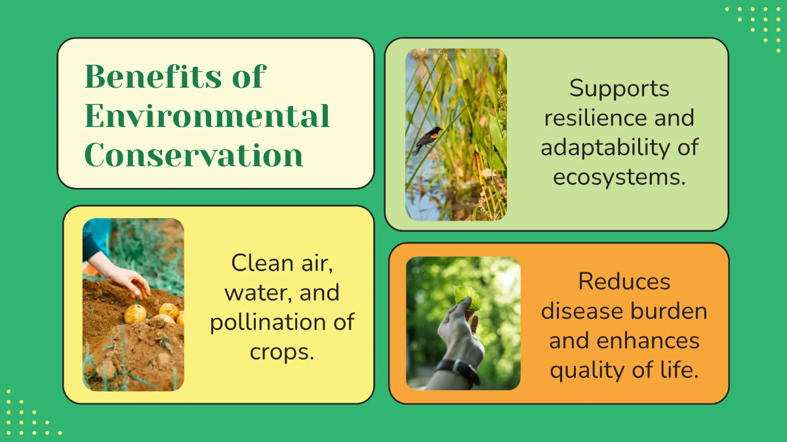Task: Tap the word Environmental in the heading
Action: (207, 117)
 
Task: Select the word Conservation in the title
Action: (193, 156)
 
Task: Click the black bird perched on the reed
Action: (427, 139)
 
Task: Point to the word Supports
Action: (619, 88)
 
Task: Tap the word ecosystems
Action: (619, 177)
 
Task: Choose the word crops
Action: (282, 352)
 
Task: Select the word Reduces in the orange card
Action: (624, 282)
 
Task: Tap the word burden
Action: (670, 311)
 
